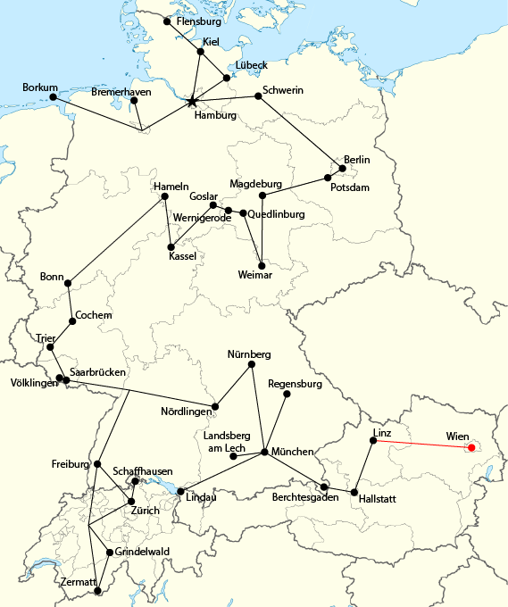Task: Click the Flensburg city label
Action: click(x=199, y=21)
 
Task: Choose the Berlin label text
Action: click(x=356, y=159)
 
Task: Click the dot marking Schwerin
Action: click(x=258, y=96)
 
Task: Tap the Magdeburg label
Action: click(x=255, y=184)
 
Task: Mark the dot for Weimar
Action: click(x=261, y=263)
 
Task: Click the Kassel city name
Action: click(x=182, y=256)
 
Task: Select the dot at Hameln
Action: click(x=164, y=197)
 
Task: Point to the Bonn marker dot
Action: click(x=68, y=283)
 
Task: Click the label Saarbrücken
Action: click(x=97, y=371)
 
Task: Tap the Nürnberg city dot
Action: click(x=252, y=364)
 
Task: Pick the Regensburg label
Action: click(x=295, y=384)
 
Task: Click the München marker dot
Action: click(x=264, y=453)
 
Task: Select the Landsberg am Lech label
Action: click(x=224, y=441)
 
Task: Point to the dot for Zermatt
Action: click(x=97, y=589)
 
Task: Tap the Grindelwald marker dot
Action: click(x=110, y=553)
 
